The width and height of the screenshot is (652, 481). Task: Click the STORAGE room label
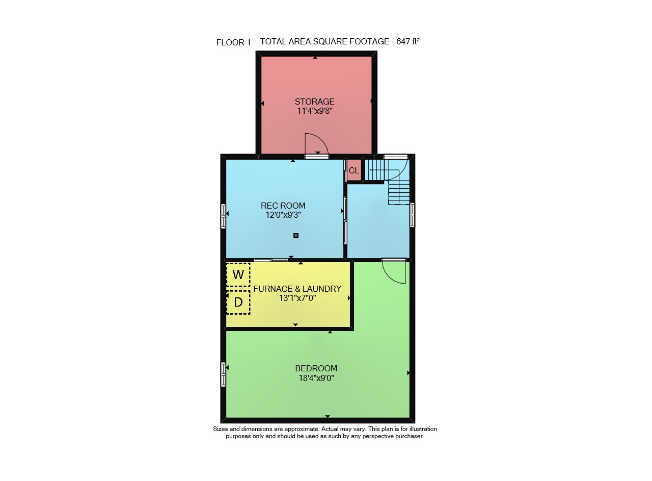point(314,102)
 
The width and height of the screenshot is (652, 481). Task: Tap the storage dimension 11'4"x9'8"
point(315,111)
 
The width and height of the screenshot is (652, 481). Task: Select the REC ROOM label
point(283,206)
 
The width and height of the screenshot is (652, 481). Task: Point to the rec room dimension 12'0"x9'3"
point(283,215)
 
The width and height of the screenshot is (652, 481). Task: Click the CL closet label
point(354,170)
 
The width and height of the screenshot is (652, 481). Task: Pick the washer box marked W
point(238,274)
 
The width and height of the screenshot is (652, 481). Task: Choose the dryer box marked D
point(238,302)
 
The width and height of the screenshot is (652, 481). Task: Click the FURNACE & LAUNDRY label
point(297,289)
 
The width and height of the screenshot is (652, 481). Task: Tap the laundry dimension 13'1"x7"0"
point(297,298)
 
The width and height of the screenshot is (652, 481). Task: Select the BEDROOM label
point(316,368)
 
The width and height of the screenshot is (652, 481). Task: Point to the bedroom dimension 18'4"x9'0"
point(316,378)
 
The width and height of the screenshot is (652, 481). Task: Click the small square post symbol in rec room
point(296,236)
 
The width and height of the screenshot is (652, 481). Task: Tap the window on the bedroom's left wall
point(223,374)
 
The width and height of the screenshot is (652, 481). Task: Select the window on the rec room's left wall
point(223,216)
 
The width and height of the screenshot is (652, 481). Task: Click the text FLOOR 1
point(233,43)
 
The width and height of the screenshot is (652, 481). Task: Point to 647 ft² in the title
point(408,41)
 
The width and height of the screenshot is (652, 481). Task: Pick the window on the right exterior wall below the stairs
point(413,215)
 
